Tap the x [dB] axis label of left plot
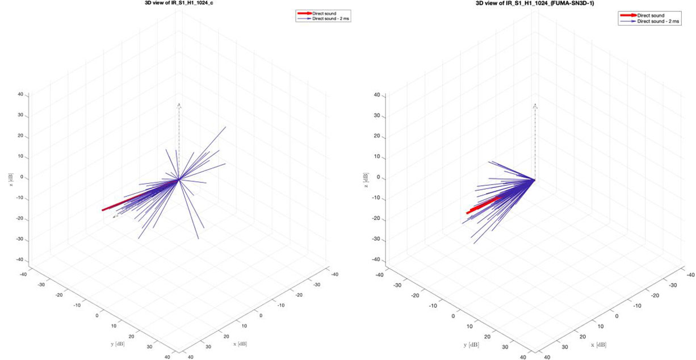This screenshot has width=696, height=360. point(239,344)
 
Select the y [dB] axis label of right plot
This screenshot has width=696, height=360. point(471,344)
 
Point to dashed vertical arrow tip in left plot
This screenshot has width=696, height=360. point(179,104)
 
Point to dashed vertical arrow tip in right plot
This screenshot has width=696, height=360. point(535,104)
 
